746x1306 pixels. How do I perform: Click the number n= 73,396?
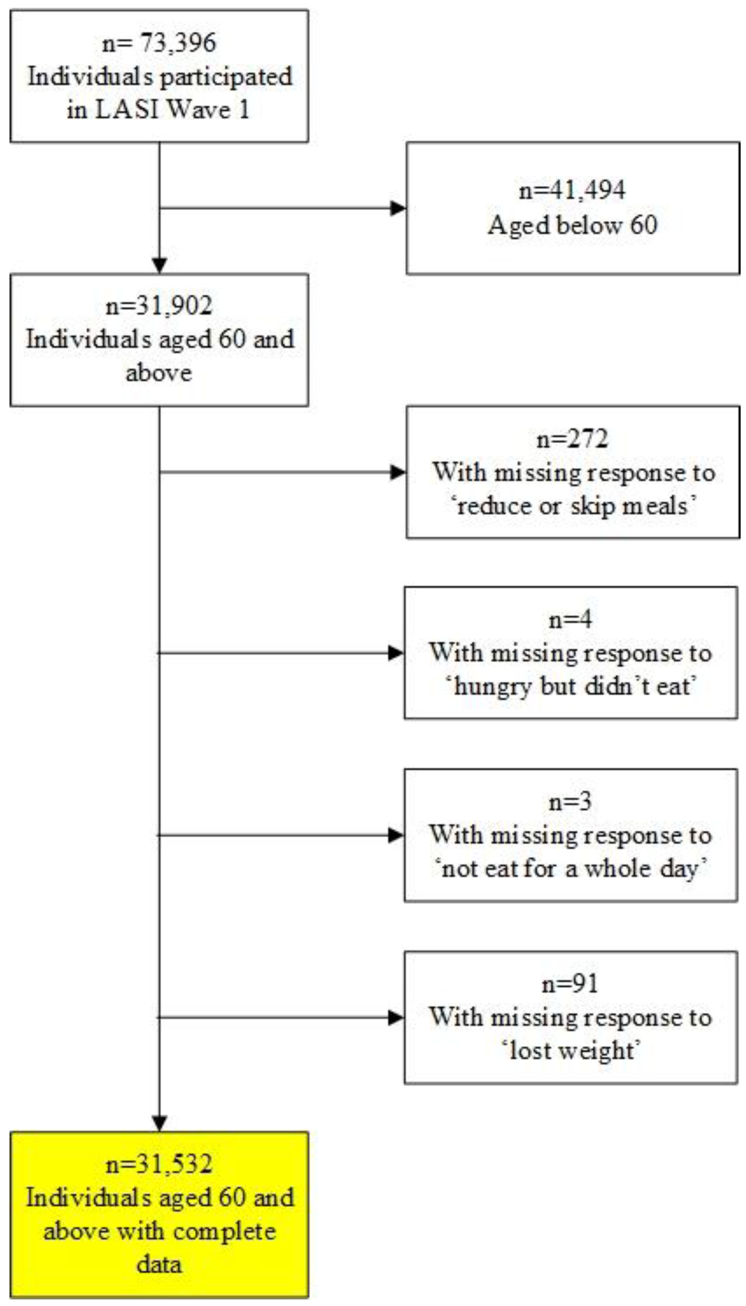click(x=159, y=43)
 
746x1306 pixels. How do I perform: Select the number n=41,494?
click(x=572, y=190)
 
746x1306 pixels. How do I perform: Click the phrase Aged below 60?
click(x=572, y=225)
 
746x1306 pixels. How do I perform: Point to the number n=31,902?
click(x=159, y=306)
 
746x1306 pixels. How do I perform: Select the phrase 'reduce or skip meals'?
click(x=572, y=506)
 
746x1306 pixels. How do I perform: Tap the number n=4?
click(x=570, y=620)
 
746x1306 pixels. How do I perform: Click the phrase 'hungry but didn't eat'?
click(x=571, y=687)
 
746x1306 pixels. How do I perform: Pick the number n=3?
click(x=570, y=802)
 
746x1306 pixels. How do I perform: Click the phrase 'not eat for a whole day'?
click(x=571, y=869)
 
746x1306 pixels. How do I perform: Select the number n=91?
click(x=570, y=984)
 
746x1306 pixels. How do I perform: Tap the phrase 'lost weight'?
click(x=571, y=1051)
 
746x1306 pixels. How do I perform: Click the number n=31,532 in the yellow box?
click(x=159, y=1164)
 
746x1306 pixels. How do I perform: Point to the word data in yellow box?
click(x=159, y=1264)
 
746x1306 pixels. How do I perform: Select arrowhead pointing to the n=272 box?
click(x=398, y=472)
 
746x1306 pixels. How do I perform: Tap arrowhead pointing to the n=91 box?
click(x=396, y=1018)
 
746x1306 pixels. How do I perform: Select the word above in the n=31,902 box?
click(x=159, y=373)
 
